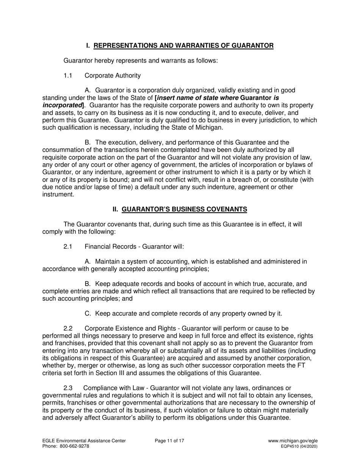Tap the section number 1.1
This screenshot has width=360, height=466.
click(68, 75)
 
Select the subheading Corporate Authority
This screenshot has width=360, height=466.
click(113, 75)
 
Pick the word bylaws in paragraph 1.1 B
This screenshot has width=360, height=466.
click(303, 164)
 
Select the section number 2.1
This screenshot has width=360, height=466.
click(68, 247)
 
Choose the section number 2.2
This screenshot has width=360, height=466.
click(68, 328)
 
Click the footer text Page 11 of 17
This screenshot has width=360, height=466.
click(169, 441)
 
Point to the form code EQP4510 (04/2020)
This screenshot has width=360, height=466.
click(299, 446)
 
